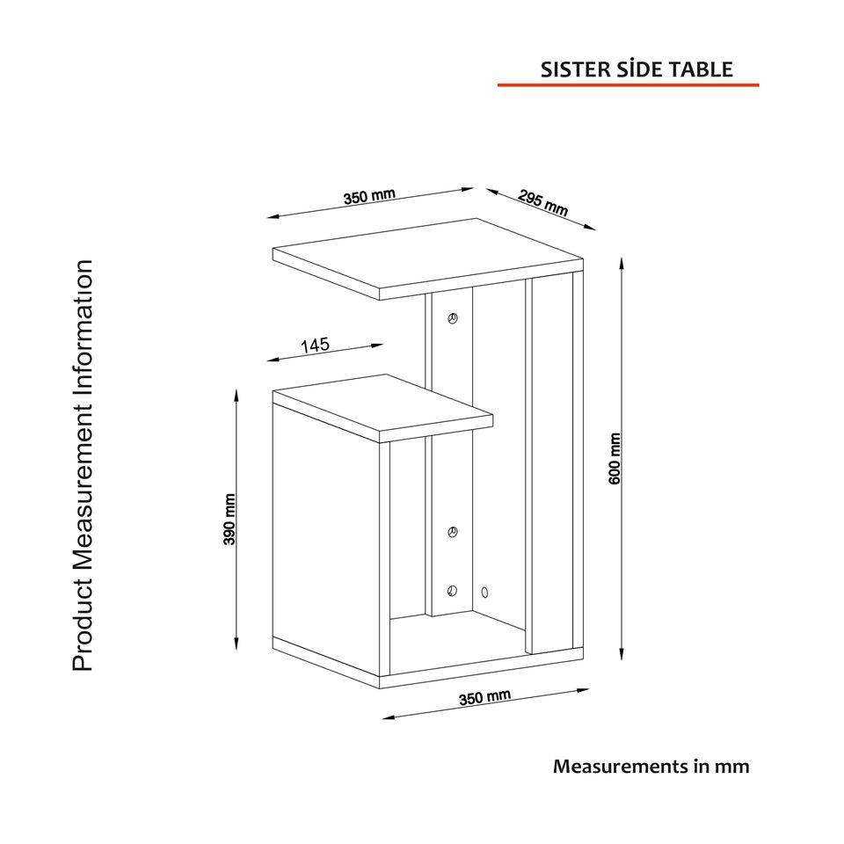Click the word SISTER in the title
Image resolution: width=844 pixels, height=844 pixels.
[x=571, y=70]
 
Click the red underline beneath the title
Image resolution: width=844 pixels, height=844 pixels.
[x=628, y=85]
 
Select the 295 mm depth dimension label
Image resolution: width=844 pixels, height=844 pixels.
[x=542, y=203]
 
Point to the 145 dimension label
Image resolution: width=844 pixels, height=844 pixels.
[x=315, y=346]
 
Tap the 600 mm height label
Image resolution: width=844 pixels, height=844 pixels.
[x=615, y=457]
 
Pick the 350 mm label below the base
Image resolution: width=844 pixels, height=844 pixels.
[x=484, y=698]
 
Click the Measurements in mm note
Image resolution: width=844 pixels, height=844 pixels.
[x=651, y=766]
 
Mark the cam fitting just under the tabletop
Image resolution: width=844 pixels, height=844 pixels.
[x=453, y=318]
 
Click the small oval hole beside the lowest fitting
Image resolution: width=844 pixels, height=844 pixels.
[x=485, y=592]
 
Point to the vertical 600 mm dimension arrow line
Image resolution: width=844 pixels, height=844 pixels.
[x=622, y=457]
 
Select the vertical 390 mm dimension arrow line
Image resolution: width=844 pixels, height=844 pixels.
[x=236, y=519]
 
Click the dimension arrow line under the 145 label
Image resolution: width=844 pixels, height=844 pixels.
[x=325, y=352]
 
